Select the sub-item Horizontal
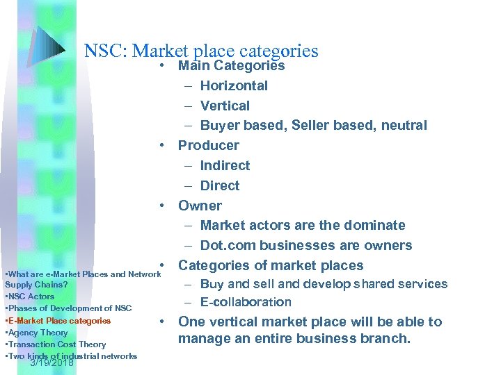(234, 85)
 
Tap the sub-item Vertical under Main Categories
(225, 106)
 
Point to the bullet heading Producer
(209, 145)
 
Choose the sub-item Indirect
(225, 165)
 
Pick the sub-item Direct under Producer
(220, 185)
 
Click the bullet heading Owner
(200, 206)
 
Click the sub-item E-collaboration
(246, 302)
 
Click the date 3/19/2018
(51, 362)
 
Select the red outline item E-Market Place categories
(58, 321)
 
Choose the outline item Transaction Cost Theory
(56, 344)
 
